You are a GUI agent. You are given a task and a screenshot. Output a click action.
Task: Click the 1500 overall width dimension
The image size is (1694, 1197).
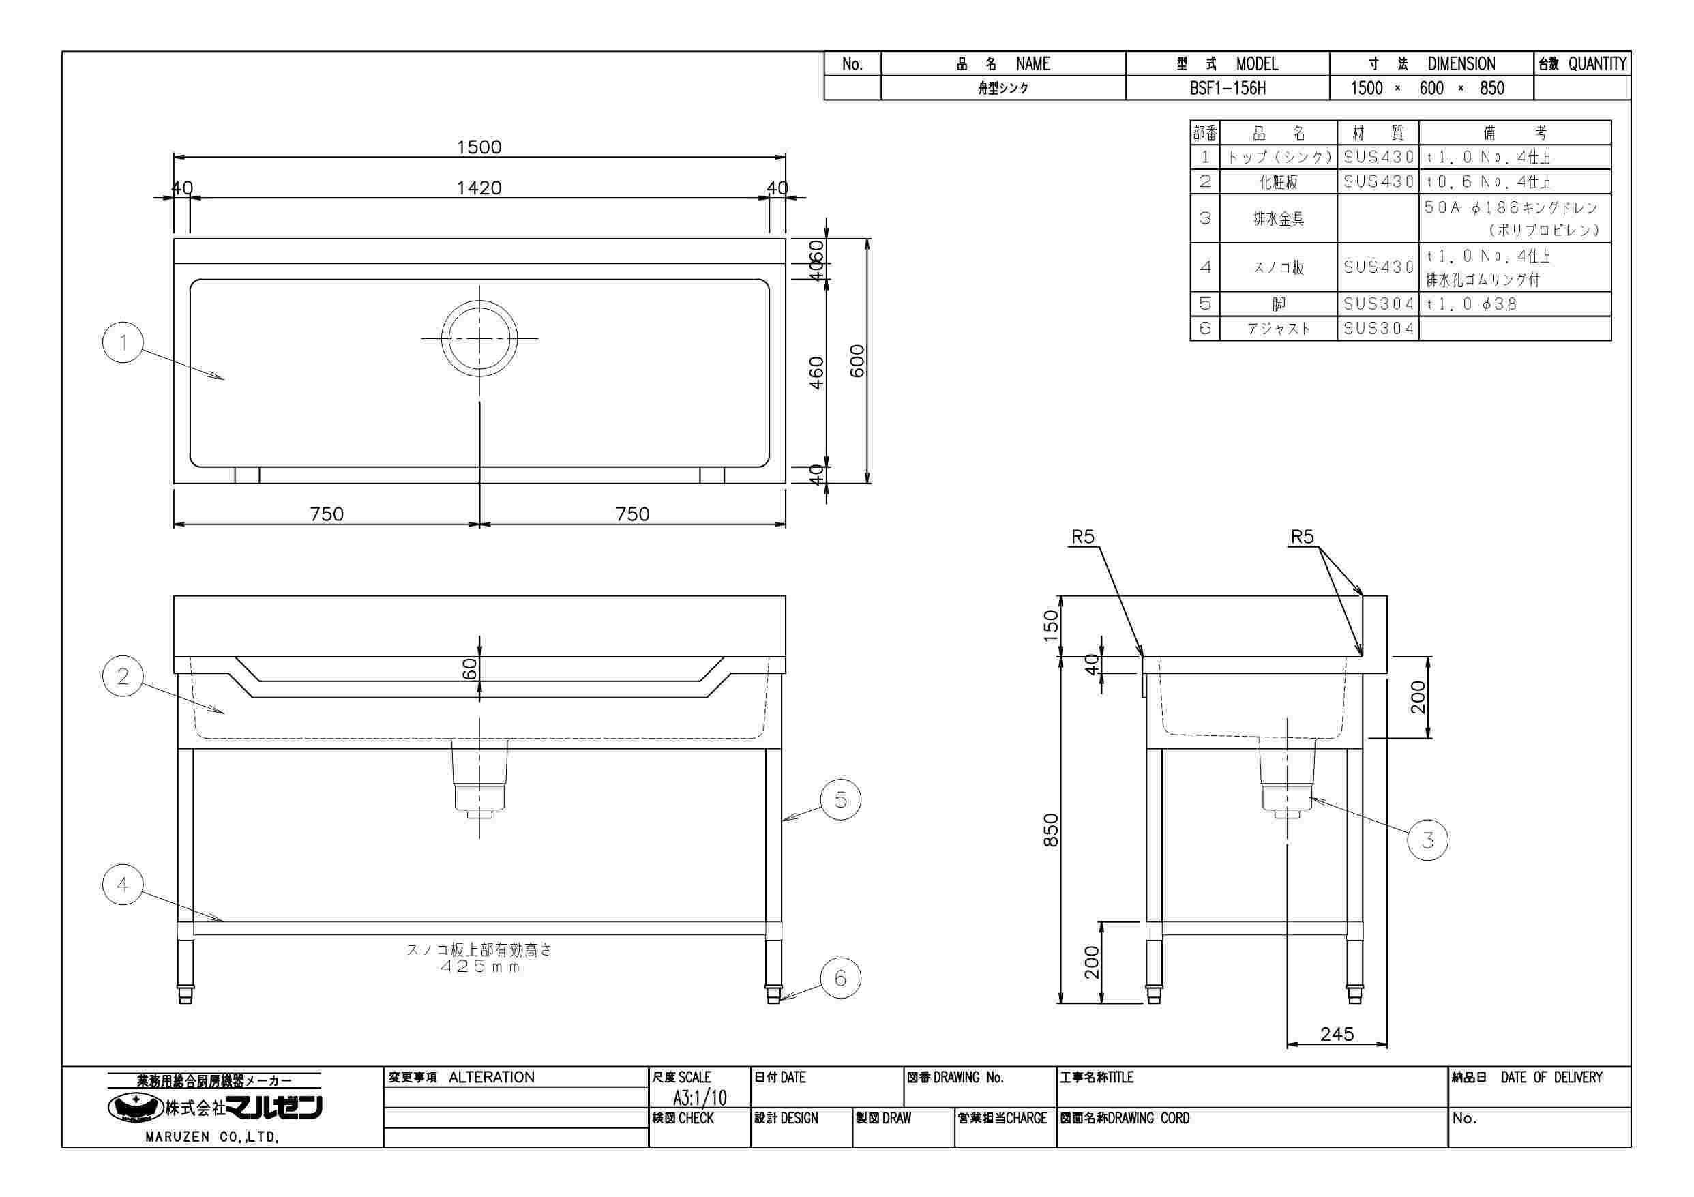[x=479, y=147]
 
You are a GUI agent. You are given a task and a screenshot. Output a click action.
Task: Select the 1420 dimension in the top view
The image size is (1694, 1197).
[x=479, y=188]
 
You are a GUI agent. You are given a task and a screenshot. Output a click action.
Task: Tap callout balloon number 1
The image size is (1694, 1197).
[x=123, y=342]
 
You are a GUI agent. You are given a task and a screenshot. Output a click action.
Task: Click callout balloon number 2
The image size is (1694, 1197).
[x=123, y=676]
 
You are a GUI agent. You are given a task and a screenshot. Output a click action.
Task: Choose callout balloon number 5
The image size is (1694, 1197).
[x=840, y=799]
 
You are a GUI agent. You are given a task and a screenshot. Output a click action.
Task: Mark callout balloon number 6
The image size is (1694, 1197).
[x=840, y=979]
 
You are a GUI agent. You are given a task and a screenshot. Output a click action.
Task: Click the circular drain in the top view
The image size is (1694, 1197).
[x=479, y=339]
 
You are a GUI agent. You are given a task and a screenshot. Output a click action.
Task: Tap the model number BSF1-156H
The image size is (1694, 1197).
[x=1227, y=89]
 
